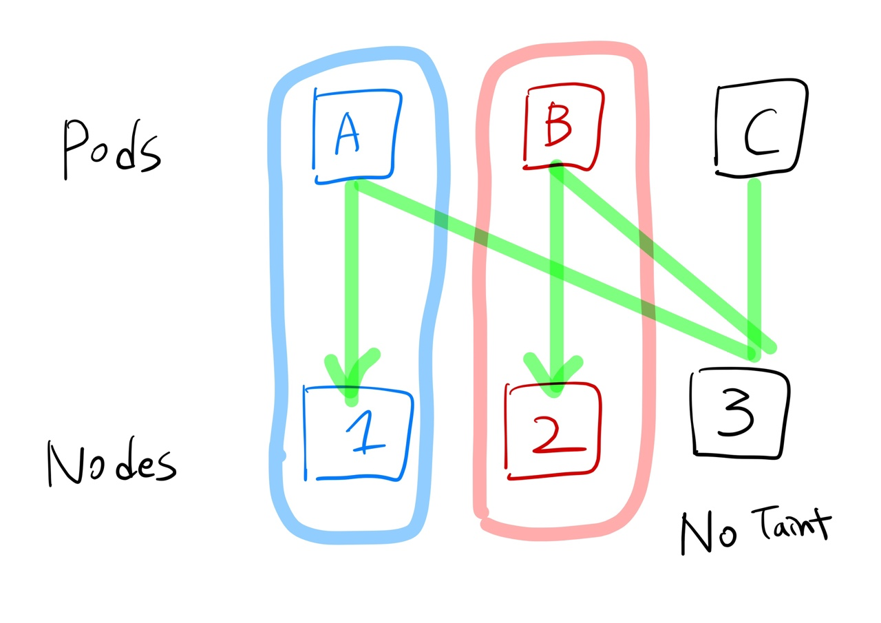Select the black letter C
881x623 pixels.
click(760, 134)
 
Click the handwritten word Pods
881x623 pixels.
click(110, 148)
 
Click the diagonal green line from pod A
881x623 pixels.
click(551, 268)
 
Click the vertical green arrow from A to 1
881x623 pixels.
click(352, 275)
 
